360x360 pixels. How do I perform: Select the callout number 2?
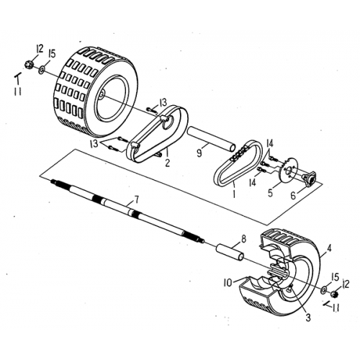click(167, 163)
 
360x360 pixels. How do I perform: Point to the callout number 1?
click(233, 194)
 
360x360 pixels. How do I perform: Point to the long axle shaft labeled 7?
click(130, 210)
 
